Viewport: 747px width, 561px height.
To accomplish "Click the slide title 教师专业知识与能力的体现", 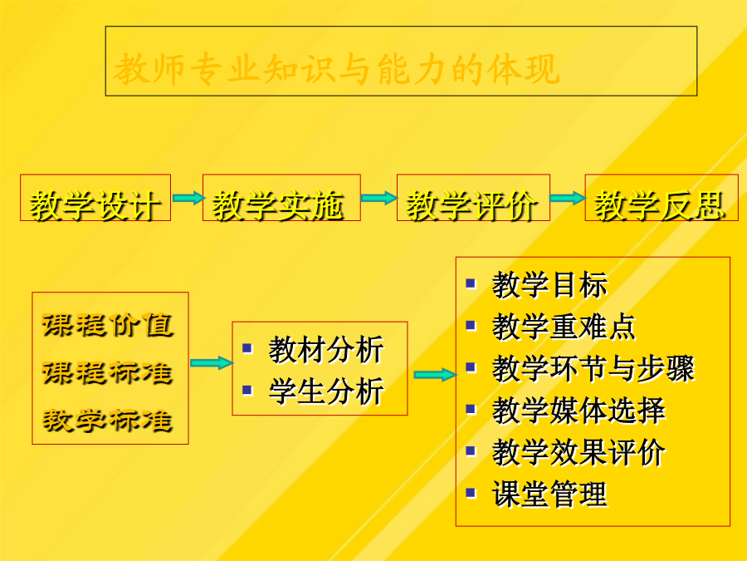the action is (x=336, y=69).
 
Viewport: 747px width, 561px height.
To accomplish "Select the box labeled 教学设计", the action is (x=95, y=198).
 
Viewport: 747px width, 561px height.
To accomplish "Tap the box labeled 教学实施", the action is (x=281, y=198).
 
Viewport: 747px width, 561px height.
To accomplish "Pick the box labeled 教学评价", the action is (x=473, y=198).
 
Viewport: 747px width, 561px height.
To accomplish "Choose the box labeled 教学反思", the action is (x=662, y=198).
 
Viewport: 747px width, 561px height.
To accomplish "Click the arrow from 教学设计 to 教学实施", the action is (x=188, y=198).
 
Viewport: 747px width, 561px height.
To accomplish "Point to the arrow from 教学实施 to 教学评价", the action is (x=378, y=198).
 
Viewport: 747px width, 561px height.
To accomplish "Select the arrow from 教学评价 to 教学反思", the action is (x=568, y=198).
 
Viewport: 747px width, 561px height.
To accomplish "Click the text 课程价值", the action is (x=108, y=325).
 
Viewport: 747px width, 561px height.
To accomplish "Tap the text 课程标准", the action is (x=108, y=372).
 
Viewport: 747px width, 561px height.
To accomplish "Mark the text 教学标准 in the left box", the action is (x=108, y=421).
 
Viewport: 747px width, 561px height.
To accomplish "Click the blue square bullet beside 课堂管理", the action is (x=471, y=493).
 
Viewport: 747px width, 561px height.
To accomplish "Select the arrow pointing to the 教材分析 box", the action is (x=212, y=362).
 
